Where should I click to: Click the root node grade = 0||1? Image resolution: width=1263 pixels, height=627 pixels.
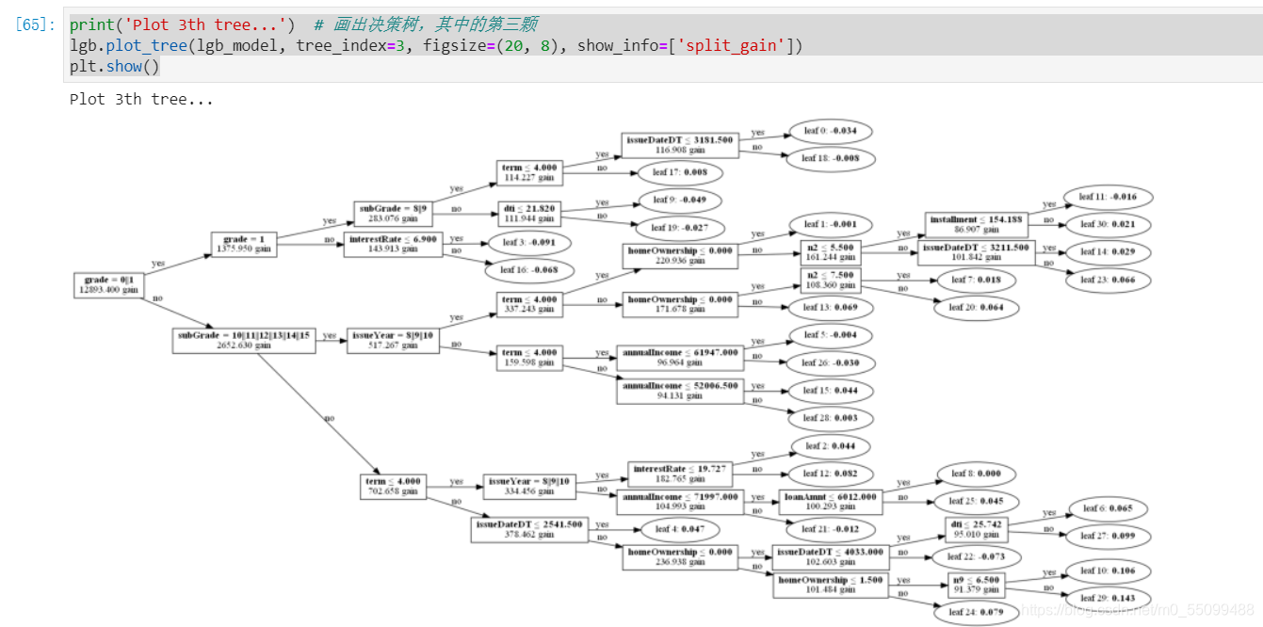(x=110, y=285)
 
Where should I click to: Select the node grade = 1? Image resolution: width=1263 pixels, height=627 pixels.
(x=242, y=245)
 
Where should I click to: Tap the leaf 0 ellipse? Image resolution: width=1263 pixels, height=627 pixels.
(x=829, y=131)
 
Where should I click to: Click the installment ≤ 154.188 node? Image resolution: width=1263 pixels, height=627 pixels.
(x=975, y=224)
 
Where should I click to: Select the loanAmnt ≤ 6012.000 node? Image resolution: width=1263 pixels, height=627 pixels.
(x=831, y=502)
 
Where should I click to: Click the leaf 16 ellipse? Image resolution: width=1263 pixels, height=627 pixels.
(x=529, y=270)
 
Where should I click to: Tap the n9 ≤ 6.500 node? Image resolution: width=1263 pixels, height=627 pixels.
(x=975, y=585)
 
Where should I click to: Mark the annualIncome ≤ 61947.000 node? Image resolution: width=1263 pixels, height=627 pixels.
(x=678, y=358)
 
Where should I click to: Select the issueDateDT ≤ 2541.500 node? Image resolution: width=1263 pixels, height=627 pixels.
(x=529, y=529)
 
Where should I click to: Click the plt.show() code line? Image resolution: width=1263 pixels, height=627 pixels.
(x=114, y=66)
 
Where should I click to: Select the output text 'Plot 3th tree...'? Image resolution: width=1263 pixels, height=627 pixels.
(x=141, y=99)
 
